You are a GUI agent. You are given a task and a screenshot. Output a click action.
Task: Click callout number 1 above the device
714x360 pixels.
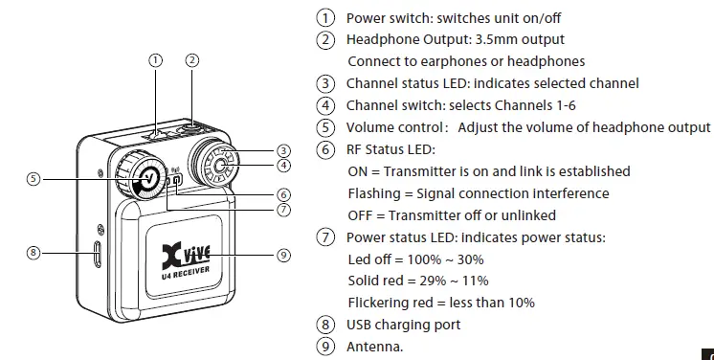[157, 59]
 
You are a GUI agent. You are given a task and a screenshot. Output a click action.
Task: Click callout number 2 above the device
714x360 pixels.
[192, 59]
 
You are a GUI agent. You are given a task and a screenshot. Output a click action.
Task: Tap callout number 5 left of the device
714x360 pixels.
[33, 178]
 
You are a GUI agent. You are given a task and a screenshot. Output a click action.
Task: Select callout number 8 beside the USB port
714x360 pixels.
[33, 253]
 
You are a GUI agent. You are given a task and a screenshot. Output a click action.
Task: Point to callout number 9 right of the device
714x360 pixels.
[282, 255]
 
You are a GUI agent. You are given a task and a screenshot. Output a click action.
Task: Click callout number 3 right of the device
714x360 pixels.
[282, 150]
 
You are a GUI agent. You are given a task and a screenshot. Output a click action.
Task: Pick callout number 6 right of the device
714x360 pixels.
[282, 193]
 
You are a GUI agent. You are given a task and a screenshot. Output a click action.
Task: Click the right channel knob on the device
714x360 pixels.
[219, 163]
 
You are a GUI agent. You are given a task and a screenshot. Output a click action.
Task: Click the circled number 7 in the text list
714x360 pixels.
[326, 237]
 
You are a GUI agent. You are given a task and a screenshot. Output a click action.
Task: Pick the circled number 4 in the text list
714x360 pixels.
[326, 105]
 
